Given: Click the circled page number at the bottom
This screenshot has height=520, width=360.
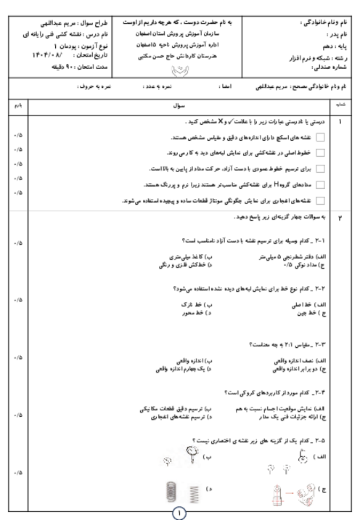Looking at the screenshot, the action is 179,512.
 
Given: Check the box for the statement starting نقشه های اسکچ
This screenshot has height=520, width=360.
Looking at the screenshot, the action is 320,138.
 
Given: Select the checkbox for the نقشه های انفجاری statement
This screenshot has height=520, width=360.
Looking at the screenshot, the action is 320,201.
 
